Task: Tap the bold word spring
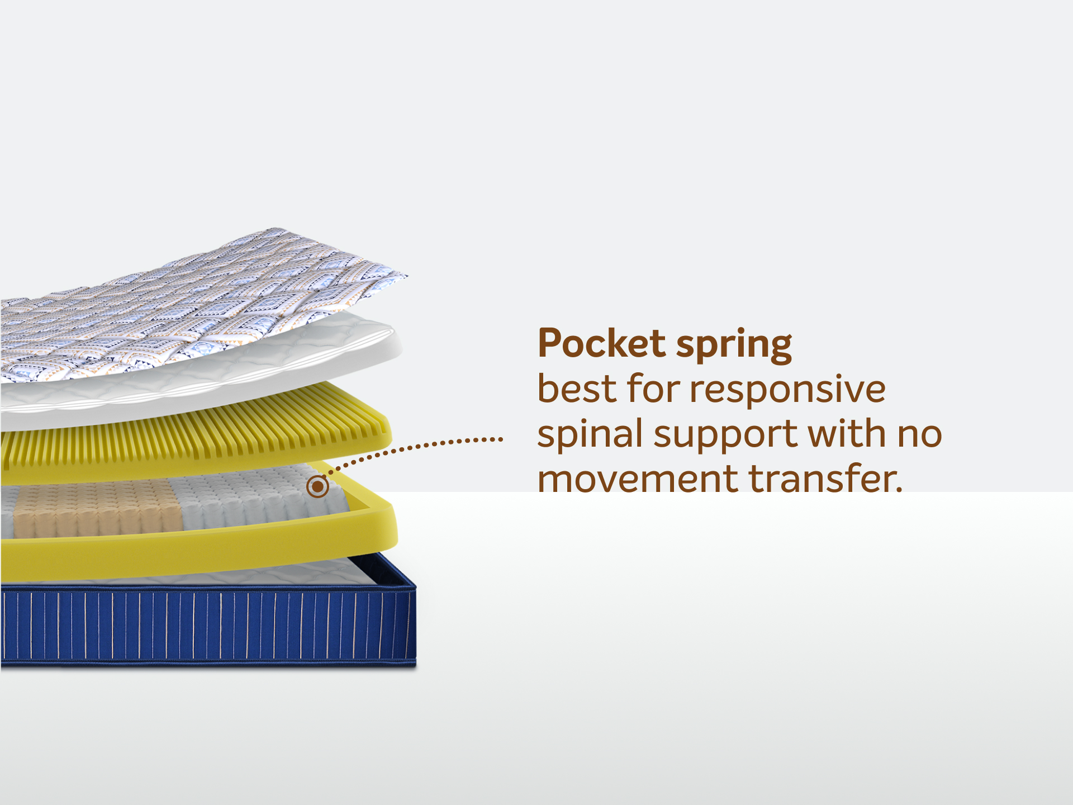pyautogui.click(x=734, y=346)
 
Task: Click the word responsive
pyautogui.click(x=787, y=391)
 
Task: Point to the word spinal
pyautogui.click(x=589, y=435)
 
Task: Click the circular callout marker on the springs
pyautogui.click(x=317, y=486)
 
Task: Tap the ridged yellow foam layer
pyautogui.click(x=196, y=442)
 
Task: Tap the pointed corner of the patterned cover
pyautogui.click(x=406, y=275)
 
